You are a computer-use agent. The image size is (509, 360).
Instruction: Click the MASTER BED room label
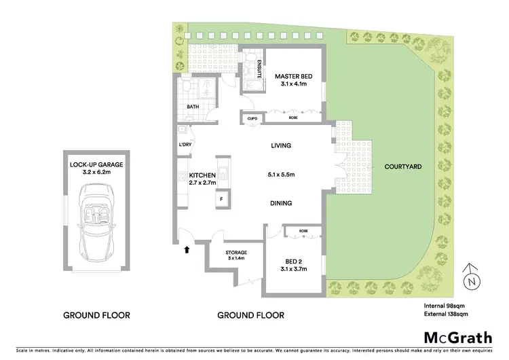[293, 77]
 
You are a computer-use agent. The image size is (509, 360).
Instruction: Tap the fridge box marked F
[221, 199]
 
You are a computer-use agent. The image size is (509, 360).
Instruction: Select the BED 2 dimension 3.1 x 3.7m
[293, 270]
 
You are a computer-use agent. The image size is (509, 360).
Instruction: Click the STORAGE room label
[236, 252]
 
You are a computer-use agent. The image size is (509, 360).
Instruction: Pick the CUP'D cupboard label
[252, 118]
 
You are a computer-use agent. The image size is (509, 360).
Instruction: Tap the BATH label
[193, 107]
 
